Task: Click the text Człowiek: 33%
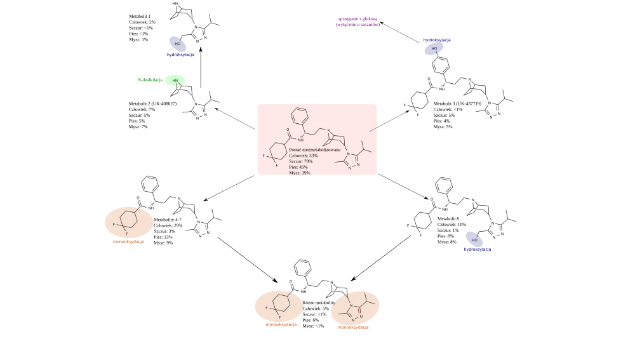click(304, 156)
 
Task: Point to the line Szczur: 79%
click(301, 161)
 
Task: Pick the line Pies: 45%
click(298, 167)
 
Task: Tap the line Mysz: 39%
click(300, 173)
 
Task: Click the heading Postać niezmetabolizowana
click(314, 150)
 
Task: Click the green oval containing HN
click(175, 81)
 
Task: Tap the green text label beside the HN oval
click(150, 81)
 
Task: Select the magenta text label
click(358, 23)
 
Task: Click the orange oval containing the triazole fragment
click(355, 309)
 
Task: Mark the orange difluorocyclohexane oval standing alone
click(128, 222)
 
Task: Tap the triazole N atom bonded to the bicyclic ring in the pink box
click(348, 153)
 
